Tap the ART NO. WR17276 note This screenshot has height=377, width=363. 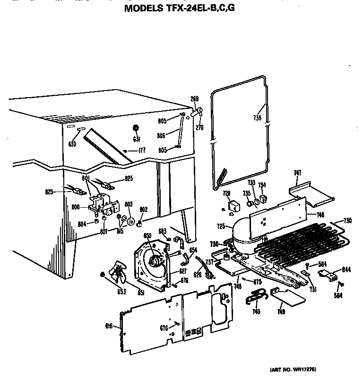click(x=293, y=369)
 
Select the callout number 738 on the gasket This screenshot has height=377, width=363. click(x=257, y=119)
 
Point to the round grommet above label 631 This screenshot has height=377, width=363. click(x=136, y=128)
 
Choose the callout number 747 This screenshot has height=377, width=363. click(x=297, y=174)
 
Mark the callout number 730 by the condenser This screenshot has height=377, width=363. click(x=348, y=221)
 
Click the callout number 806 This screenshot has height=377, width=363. click(x=161, y=135)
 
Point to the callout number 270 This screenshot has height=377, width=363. click(x=201, y=127)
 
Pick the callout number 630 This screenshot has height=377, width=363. click(x=72, y=144)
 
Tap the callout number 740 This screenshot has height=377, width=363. click(x=256, y=312)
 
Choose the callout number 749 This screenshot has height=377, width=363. click(x=281, y=312)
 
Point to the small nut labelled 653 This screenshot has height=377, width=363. click(x=102, y=275)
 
